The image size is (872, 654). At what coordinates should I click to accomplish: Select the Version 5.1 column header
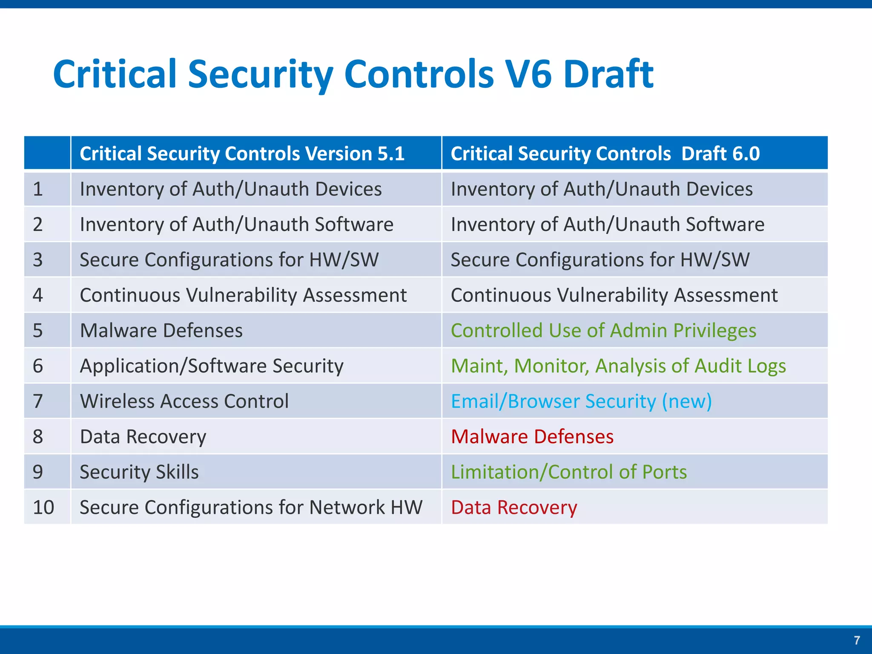(x=242, y=153)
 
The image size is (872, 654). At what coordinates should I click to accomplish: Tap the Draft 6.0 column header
(x=605, y=153)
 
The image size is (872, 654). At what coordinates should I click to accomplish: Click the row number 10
(x=43, y=507)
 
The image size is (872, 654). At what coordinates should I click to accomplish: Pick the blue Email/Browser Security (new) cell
(x=581, y=401)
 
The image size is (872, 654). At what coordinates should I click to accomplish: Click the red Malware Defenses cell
(x=532, y=436)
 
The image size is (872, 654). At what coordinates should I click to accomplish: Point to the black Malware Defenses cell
(x=161, y=330)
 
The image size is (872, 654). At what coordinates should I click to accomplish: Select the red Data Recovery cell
(x=513, y=507)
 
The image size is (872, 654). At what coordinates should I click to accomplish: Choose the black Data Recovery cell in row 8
(x=143, y=436)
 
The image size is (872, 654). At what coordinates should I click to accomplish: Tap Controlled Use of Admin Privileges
(x=603, y=330)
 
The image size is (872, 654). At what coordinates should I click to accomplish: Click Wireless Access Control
(x=184, y=401)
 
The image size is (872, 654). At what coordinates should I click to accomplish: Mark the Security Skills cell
(x=139, y=472)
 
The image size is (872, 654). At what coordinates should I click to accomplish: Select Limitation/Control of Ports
(x=568, y=472)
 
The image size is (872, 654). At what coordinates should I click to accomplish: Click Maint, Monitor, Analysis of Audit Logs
(x=618, y=366)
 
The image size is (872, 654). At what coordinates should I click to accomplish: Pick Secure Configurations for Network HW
(x=251, y=507)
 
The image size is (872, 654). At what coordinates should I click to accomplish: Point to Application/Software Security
(x=211, y=366)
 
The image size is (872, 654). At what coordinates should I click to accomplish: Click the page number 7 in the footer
(x=857, y=640)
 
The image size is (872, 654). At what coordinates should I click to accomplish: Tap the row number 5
(x=38, y=330)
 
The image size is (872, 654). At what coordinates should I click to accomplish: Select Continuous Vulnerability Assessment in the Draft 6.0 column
(x=614, y=295)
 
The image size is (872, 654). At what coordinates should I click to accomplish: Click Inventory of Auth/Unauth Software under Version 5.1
(x=236, y=224)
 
